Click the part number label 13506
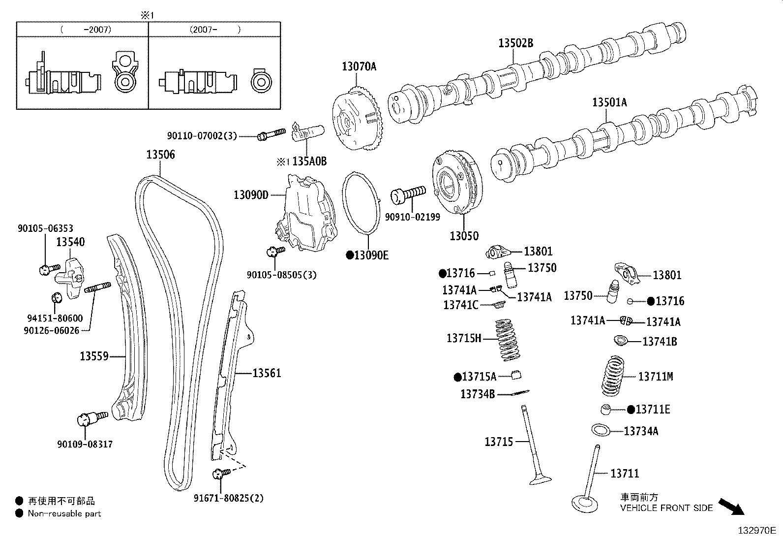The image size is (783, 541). (160, 155)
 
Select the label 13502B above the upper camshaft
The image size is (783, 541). (515, 43)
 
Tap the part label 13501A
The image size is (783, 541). (609, 102)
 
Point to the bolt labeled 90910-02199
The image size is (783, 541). (408, 194)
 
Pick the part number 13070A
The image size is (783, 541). (359, 66)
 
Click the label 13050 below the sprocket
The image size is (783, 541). (464, 236)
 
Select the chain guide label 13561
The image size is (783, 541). (267, 373)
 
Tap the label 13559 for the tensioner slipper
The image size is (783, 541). (94, 355)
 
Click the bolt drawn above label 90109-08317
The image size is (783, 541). (92, 418)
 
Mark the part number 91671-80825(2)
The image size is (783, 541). (229, 498)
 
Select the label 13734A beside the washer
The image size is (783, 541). (641, 431)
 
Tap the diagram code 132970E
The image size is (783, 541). (756, 531)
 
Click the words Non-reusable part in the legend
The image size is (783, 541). (64, 513)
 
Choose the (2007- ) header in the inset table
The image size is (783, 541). (215, 29)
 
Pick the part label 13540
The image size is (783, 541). (70, 242)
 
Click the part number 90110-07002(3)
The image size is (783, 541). (202, 135)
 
